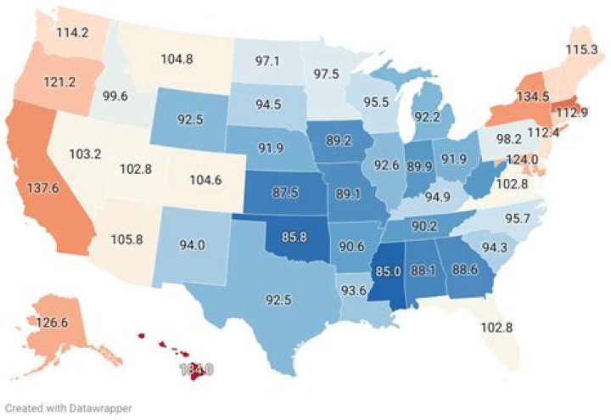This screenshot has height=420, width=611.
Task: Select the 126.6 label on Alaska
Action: (x=52, y=322)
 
